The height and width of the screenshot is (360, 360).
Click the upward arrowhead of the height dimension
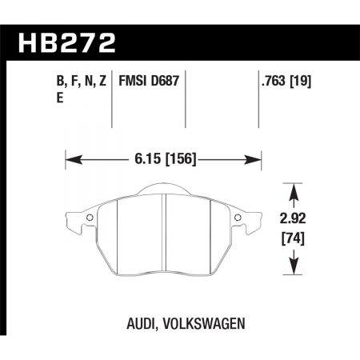coord(294,189)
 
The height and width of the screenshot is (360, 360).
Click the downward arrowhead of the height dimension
coord(294,266)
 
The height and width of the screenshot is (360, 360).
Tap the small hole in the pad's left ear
coord(89,220)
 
